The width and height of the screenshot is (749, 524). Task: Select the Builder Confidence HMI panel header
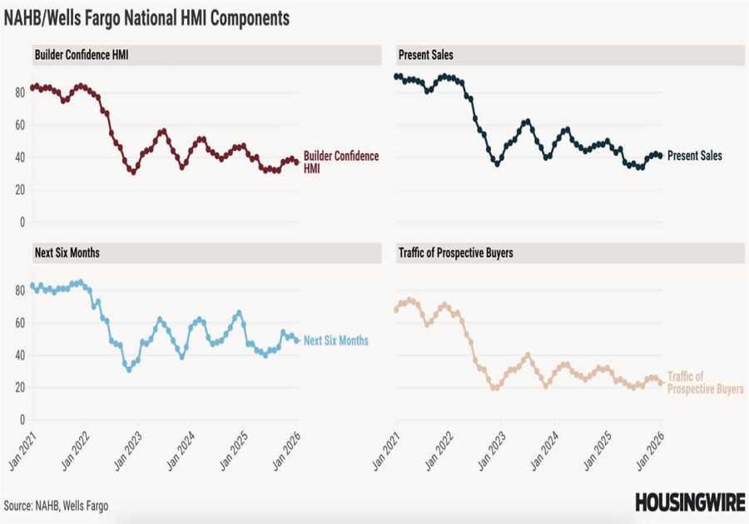[82, 55]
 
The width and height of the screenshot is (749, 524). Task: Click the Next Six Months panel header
[68, 252]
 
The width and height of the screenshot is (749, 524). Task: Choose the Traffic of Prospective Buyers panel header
[454, 252]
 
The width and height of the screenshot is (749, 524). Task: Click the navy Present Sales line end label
[694, 156]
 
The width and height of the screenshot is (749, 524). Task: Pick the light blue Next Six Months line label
[335, 341]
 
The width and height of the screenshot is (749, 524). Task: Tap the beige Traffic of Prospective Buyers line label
[705, 383]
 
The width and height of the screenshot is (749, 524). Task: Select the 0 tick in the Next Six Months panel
[21, 420]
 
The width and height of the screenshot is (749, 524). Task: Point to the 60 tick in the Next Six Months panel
[18, 322]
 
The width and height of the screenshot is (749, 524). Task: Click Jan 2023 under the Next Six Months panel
[126, 452]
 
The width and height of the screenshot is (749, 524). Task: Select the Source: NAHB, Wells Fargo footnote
[56, 505]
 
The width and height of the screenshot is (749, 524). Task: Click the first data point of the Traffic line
[396, 309]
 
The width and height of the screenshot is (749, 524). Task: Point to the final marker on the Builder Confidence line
[297, 162]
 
